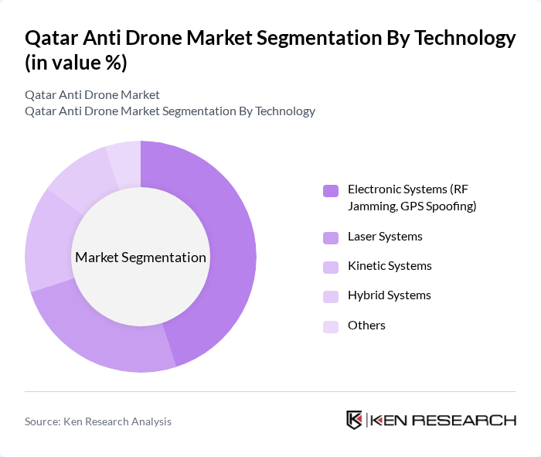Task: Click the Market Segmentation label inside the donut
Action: click(x=140, y=257)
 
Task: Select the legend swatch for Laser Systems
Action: click(x=331, y=237)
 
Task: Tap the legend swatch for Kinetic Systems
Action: click(x=331, y=267)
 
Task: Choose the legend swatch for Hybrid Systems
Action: click(x=331, y=296)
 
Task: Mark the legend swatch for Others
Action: click(x=331, y=326)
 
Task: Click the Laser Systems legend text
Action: click(x=385, y=237)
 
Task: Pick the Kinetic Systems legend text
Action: click(x=390, y=266)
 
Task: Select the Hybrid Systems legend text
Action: click(x=389, y=295)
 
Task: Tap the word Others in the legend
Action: click(x=366, y=326)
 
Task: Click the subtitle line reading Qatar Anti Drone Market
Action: click(x=92, y=94)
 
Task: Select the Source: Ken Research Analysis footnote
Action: click(x=98, y=421)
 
